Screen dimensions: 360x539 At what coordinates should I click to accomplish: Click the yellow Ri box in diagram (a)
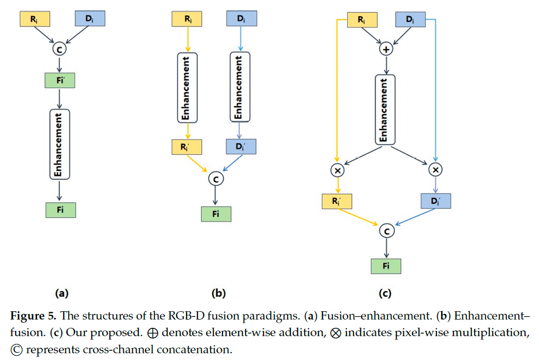(35, 19)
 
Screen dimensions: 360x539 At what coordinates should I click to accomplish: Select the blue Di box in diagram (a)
(90, 19)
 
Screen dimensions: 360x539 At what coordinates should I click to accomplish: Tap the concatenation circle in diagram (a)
(60, 50)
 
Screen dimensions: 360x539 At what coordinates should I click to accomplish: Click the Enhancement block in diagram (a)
(60, 144)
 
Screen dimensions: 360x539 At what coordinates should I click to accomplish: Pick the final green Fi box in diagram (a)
(60, 210)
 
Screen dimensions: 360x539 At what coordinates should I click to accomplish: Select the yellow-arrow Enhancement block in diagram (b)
(187, 88)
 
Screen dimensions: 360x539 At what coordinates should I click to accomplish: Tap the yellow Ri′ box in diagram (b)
(187, 147)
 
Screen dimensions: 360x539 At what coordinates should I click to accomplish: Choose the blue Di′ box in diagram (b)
(241, 147)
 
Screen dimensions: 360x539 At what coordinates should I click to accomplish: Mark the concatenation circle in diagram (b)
(215, 179)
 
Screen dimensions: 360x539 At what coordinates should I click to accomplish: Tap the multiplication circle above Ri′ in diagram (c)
(337, 170)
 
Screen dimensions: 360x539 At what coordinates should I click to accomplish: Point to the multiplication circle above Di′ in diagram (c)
(435, 170)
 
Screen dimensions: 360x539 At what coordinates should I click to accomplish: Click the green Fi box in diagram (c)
(386, 266)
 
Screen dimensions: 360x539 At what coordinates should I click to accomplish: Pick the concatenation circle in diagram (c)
(386, 230)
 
